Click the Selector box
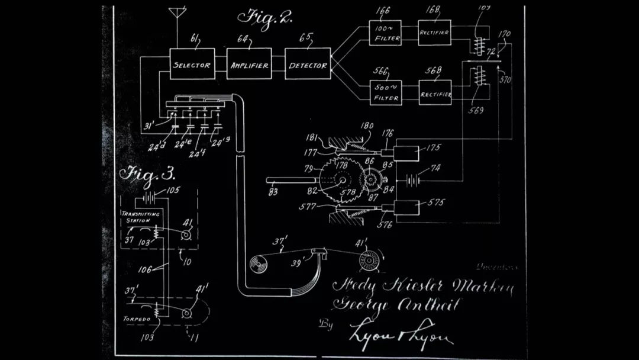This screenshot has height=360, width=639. pyautogui.click(x=191, y=65)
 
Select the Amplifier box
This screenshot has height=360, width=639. pyautogui.click(x=248, y=65)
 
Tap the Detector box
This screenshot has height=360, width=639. pyautogui.click(x=307, y=65)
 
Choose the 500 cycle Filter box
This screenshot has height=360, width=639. pyautogui.click(x=386, y=93)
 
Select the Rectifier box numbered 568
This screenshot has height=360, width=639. pyautogui.click(x=435, y=92)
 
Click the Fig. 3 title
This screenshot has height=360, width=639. pyautogui.click(x=148, y=173)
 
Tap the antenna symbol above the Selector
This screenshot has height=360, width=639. pyautogui.click(x=176, y=14)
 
